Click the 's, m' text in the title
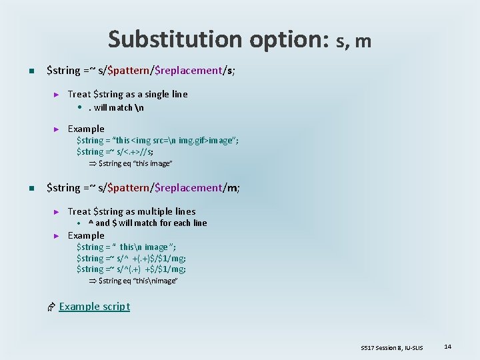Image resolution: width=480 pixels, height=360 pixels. click(354, 41)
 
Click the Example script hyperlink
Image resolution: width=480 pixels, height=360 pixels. click(94, 307)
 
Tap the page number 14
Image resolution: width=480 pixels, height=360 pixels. click(447, 347)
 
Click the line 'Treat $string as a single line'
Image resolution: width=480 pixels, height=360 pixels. click(127, 94)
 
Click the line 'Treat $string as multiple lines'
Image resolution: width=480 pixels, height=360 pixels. click(131, 211)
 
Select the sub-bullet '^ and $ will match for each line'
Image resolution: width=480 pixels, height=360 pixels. click(147, 223)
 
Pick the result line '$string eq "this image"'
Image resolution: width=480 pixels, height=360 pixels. click(135, 163)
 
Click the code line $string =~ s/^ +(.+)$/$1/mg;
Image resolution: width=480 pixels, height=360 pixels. click(131, 258)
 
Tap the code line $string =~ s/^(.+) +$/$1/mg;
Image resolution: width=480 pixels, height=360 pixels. click(131, 269)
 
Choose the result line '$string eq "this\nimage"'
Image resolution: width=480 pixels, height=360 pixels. click(137, 281)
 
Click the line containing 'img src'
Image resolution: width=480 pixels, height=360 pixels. click(157, 140)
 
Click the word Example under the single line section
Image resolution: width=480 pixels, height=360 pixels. click(86, 129)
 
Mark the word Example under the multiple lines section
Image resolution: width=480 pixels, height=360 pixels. click(86, 235)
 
